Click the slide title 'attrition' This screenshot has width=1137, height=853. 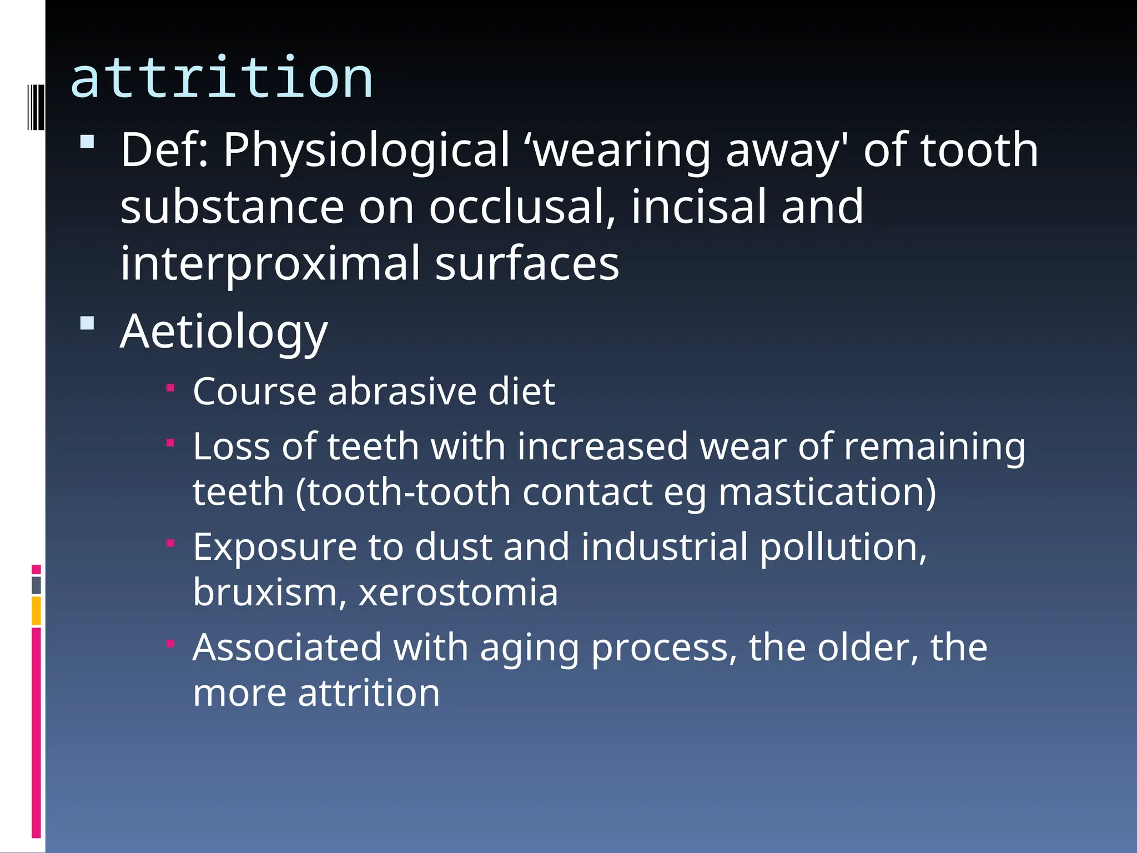point(222,79)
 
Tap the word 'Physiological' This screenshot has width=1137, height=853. point(366,150)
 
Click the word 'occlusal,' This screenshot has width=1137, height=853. point(522,208)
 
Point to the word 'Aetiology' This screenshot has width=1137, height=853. point(224,332)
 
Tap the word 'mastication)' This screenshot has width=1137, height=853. point(827,493)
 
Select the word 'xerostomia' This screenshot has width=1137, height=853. point(458,593)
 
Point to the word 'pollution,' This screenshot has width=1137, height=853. point(843,548)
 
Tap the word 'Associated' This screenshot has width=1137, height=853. point(287,648)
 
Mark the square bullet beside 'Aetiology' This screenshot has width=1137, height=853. point(87,323)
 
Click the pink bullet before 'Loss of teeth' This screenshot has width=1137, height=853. point(171,443)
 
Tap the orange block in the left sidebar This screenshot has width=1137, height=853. point(36,610)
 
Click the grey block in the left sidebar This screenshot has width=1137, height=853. point(36,585)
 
